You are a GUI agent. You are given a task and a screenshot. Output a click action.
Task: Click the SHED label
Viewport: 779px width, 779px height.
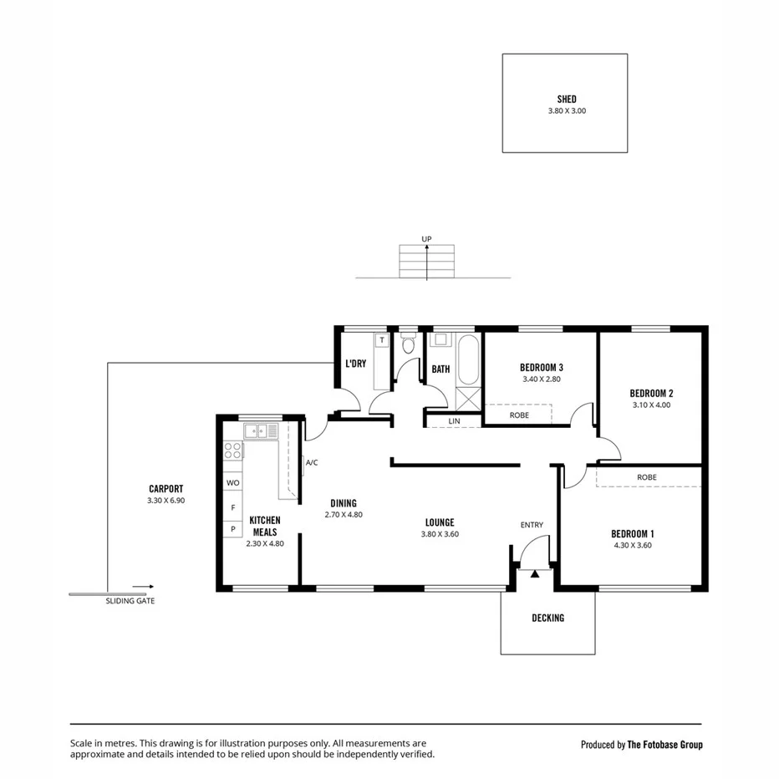[566, 99]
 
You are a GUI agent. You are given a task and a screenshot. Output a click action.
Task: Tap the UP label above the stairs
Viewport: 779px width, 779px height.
[426, 239]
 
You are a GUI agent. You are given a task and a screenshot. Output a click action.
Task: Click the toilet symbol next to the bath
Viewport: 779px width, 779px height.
[408, 344]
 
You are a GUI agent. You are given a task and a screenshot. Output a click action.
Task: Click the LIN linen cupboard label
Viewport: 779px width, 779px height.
[454, 420]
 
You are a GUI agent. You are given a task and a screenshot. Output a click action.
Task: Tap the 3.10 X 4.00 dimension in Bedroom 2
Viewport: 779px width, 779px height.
[651, 405]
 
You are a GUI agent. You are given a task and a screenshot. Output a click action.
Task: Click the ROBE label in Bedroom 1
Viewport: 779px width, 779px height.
[646, 477]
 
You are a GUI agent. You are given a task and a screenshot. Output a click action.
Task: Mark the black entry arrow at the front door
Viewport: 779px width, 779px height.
[535, 574]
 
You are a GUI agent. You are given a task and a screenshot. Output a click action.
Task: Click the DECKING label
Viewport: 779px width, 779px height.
[547, 619]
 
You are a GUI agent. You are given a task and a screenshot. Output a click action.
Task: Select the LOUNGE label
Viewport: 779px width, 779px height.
[439, 522]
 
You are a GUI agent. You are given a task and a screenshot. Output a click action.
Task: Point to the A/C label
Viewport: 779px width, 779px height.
[312, 462]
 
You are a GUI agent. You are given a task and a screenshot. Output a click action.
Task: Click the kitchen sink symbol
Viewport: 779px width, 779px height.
[261, 431]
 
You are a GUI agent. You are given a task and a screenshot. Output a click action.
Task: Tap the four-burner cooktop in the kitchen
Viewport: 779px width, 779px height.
[233, 452]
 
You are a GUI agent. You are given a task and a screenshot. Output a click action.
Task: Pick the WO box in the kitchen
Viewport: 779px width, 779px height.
[233, 483]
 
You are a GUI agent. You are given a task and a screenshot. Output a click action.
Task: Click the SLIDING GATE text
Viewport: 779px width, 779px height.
[130, 601]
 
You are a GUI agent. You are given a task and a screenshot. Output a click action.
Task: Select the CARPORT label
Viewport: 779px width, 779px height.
[165, 489]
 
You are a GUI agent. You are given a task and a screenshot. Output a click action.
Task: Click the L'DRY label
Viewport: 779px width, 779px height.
[356, 364]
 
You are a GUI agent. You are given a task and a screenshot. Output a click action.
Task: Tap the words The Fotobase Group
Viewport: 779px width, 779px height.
[665, 745]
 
